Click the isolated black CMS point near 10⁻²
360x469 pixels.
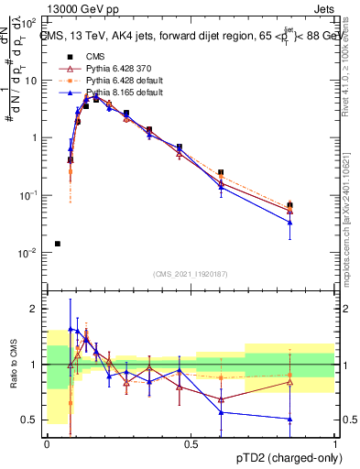[58, 244]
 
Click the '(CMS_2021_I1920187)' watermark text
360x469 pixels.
[191, 274]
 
